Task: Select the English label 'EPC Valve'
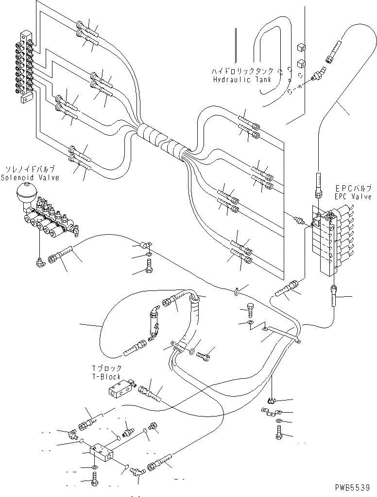(x=352, y=197)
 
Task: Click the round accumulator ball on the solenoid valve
(x=25, y=195)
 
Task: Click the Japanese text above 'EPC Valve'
(x=353, y=188)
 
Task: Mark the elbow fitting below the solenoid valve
(x=39, y=261)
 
